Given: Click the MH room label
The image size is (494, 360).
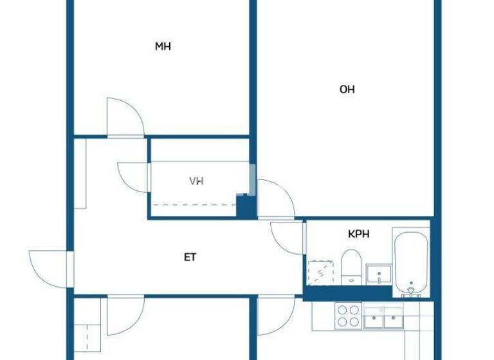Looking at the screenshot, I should (x=163, y=46).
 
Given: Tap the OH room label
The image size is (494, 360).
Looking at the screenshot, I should (x=347, y=89).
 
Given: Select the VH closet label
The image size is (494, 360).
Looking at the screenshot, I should (x=196, y=181).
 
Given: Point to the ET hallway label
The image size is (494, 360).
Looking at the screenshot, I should (x=190, y=257).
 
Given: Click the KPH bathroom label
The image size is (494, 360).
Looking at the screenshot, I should (x=358, y=235).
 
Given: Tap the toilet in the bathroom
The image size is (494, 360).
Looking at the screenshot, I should (x=351, y=266).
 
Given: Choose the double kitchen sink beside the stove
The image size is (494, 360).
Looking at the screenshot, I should (x=383, y=317).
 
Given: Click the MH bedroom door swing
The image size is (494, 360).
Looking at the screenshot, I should (x=125, y=117).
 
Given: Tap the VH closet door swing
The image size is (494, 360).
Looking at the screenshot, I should (x=134, y=177).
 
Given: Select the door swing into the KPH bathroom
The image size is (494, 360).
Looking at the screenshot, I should (x=287, y=238).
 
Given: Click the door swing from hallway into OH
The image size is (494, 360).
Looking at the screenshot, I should (x=275, y=199).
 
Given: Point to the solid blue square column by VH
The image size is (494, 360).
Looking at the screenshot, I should (x=246, y=206).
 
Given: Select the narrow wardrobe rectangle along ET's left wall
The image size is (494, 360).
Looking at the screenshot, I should (x=80, y=173).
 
